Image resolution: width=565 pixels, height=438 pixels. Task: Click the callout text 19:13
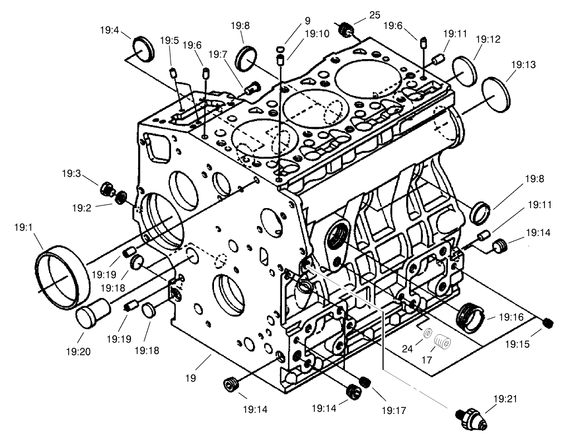tap(523, 65)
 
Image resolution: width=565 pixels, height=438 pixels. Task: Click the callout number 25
tap(374, 15)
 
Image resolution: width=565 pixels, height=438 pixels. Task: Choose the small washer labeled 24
tap(427, 334)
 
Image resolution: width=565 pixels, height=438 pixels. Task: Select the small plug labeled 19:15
tap(548, 323)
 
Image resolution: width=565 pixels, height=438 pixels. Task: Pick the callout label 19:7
tap(219, 54)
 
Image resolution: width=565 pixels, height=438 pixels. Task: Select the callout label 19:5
tap(169, 40)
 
